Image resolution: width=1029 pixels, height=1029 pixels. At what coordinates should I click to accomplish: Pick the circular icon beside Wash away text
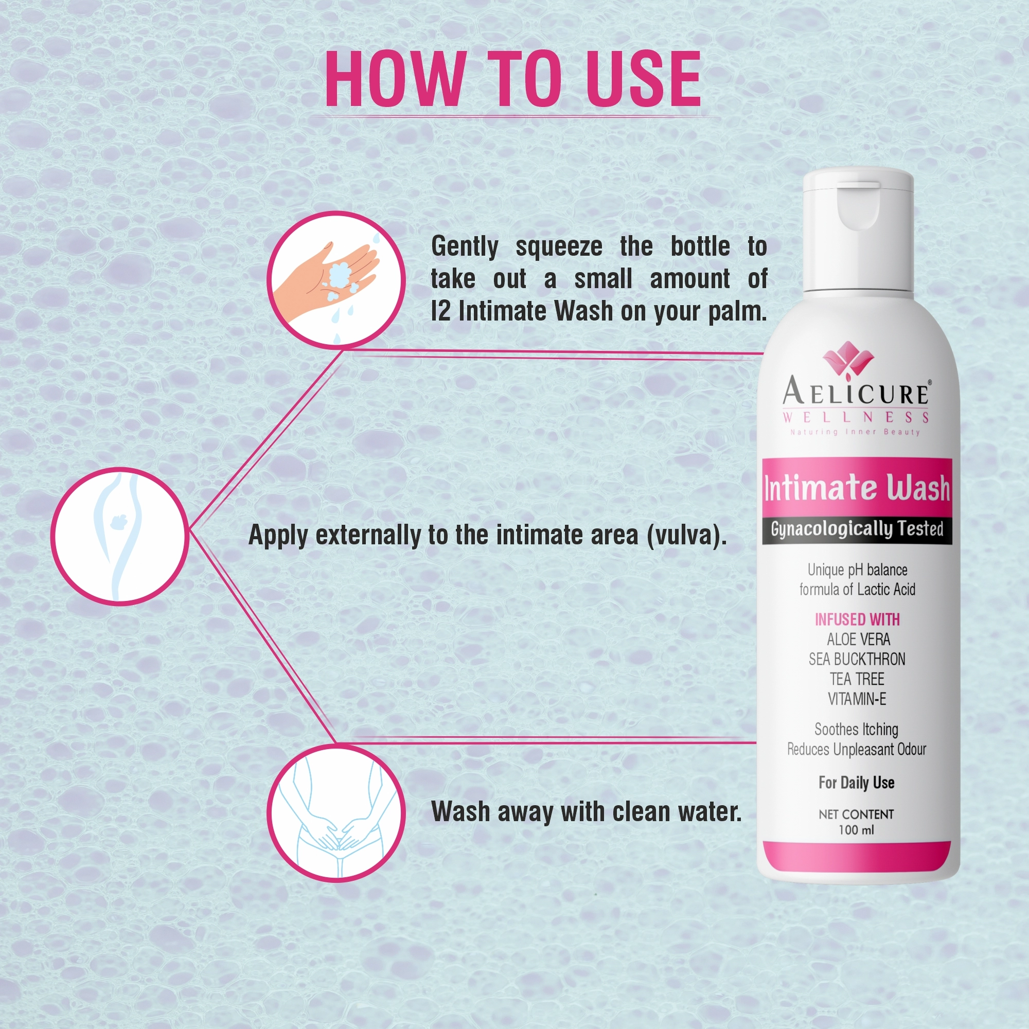coord(336,813)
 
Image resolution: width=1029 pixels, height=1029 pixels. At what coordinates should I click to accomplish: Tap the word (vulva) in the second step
coord(686,535)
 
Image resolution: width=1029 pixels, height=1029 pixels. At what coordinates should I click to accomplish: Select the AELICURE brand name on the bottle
coord(856,393)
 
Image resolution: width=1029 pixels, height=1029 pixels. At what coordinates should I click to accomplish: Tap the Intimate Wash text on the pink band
coord(856,488)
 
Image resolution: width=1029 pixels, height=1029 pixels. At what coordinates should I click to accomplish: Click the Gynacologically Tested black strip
coord(857,529)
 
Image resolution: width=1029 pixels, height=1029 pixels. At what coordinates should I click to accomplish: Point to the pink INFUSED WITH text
coord(857,619)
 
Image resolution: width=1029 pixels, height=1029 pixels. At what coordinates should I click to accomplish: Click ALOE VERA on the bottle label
coord(858,639)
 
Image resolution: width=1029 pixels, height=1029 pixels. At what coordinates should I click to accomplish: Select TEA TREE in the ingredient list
coord(857,679)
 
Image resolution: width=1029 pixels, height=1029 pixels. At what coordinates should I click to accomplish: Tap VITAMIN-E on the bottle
coord(857,699)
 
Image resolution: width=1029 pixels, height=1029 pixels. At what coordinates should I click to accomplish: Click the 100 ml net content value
coord(856,830)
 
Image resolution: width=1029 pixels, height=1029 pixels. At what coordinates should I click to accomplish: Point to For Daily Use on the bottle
coord(856,783)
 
